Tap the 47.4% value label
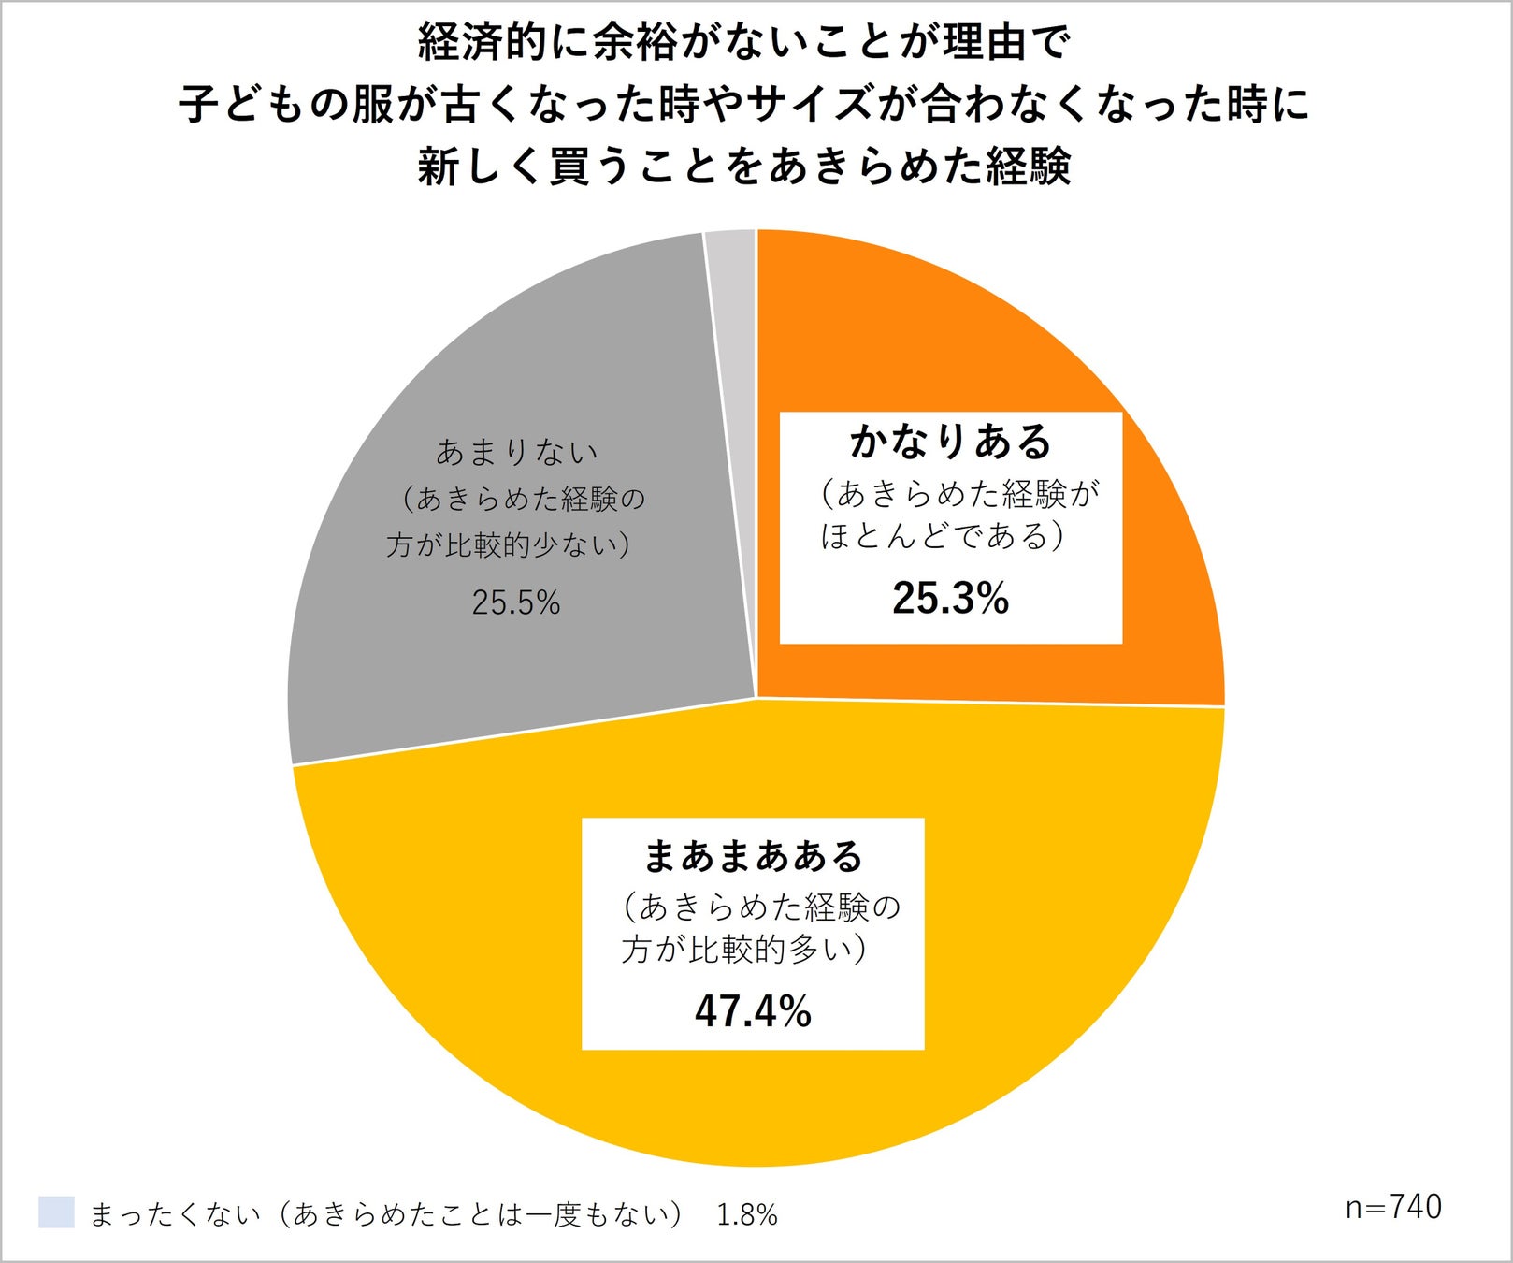pyautogui.click(x=753, y=1011)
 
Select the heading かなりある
pyautogui.click(x=951, y=442)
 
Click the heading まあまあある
pyautogui.click(x=754, y=856)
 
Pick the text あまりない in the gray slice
pyautogui.click(x=516, y=453)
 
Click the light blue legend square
pyautogui.click(x=56, y=1212)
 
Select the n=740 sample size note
pyautogui.click(x=1393, y=1208)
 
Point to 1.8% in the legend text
pyautogui.click(x=747, y=1214)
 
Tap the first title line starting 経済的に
pyautogui.click(x=744, y=43)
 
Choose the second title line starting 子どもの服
pyautogui.click(x=744, y=105)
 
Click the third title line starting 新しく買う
pyautogui.click(x=744, y=167)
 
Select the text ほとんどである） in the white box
pyautogui.click(x=943, y=536)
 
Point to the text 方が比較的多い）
pyautogui.click(x=744, y=951)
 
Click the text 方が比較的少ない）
pyautogui.click(x=509, y=545)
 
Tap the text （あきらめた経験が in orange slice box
pyautogui.click(x=958, y=493)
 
